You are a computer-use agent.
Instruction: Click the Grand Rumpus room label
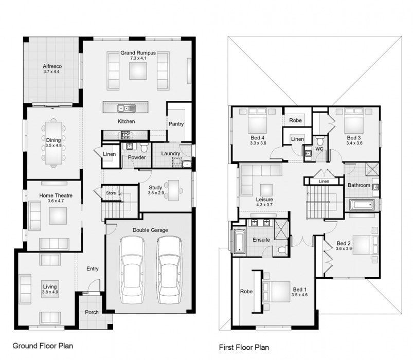click(x=138, y=52)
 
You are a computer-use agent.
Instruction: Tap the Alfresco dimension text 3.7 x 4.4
click(x=51, y=71)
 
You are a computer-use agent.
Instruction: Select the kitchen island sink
click(x=127, y=108)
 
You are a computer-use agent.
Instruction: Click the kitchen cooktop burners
click(x=125, y=135)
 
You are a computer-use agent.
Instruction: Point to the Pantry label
click(x=176, y=124)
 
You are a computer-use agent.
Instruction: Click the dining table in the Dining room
click(x=53, y=143)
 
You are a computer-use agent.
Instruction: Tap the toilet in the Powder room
click(x=144, y=148)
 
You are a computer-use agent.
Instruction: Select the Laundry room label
click(x=170, y=153)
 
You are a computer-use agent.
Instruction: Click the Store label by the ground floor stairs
click(x=111, y=193)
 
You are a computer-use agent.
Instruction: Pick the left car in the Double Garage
click(x=132, y=271)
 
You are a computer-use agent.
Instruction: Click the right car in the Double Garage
click(x=169, y=271)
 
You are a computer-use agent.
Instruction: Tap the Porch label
click(x=92, y=312)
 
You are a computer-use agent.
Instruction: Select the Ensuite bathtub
click(x=240, y=241)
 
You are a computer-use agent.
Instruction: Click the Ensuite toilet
click(x=283, y=249)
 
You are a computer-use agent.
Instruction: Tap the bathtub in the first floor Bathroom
click(x=362, y=205)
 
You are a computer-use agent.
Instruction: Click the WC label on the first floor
click(x=319, y=149)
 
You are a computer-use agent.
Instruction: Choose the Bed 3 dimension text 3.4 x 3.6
click(x=354, y=143)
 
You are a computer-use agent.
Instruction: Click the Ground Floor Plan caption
click(x=43, y=346)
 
